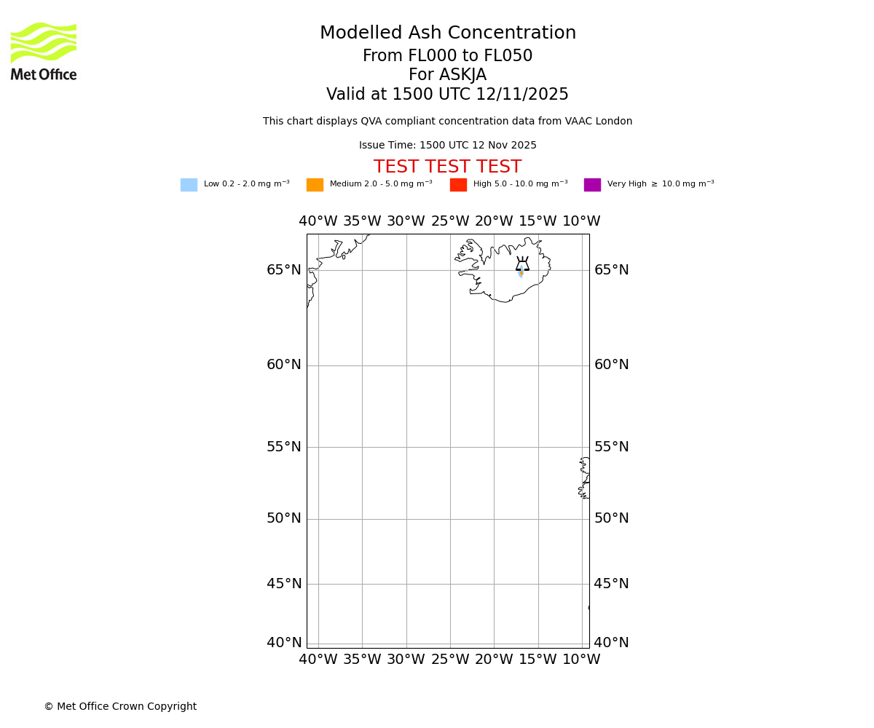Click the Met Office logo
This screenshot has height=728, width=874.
(x=44, y=51)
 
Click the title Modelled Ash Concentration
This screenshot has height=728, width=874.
(x=448, y=33)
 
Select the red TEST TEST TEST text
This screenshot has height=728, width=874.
(x=447, y=167)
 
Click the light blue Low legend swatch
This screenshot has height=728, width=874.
(x=189, y=185)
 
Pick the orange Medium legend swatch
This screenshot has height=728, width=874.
(x=315, y=185)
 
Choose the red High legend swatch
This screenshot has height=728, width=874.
(x=458, y=185)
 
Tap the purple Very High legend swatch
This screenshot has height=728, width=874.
(x=592, y=185)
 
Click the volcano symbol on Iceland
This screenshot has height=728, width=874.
(x=522, y=264)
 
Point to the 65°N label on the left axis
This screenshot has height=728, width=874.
(x=284, y=270)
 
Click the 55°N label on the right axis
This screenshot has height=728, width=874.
(x=612, y=447)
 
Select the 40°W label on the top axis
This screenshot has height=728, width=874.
(x=318, y=221)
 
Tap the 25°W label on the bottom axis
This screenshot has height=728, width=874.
(x=450, y=660)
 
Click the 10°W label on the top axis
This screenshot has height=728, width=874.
(x=581, y=221)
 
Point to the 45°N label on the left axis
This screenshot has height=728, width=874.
(x=284, y=584)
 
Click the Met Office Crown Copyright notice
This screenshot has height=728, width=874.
(x=120, y=707)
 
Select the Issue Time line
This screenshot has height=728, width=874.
(x=447, y=146)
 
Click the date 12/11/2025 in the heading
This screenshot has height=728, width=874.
(x=522, y=95)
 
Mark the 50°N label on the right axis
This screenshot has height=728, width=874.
(x=612, y=518)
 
